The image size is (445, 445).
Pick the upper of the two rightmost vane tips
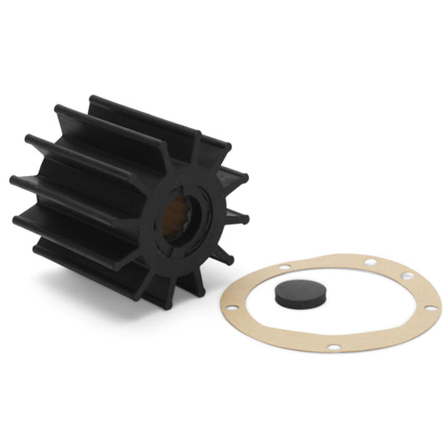click(x=242, y=178)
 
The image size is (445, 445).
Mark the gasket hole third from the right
click(x=362, y=259)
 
